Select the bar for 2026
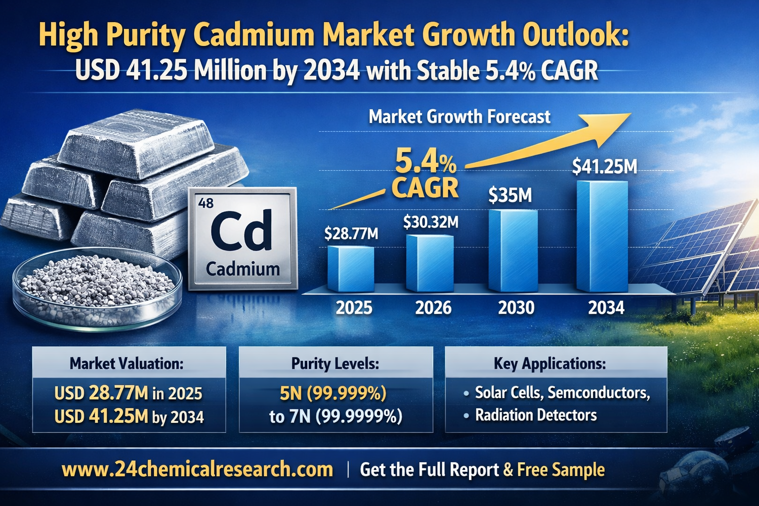click(429, 263)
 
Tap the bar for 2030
click(513, 251)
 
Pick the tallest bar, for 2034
click(602, 236)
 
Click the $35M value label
click(510, 196)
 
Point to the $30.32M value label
click(430, 222)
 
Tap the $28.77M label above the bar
click(351, 233)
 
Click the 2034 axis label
click(606, 308)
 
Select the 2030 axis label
click(516, 308)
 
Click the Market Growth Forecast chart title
click(459, 117)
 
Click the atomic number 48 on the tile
click(206, 203)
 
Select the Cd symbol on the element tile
click(241, 231)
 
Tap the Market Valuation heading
click(126, 364)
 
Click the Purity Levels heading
click(335, 364)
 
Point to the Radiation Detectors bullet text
click(536, 415)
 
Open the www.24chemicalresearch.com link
click(197, 469)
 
